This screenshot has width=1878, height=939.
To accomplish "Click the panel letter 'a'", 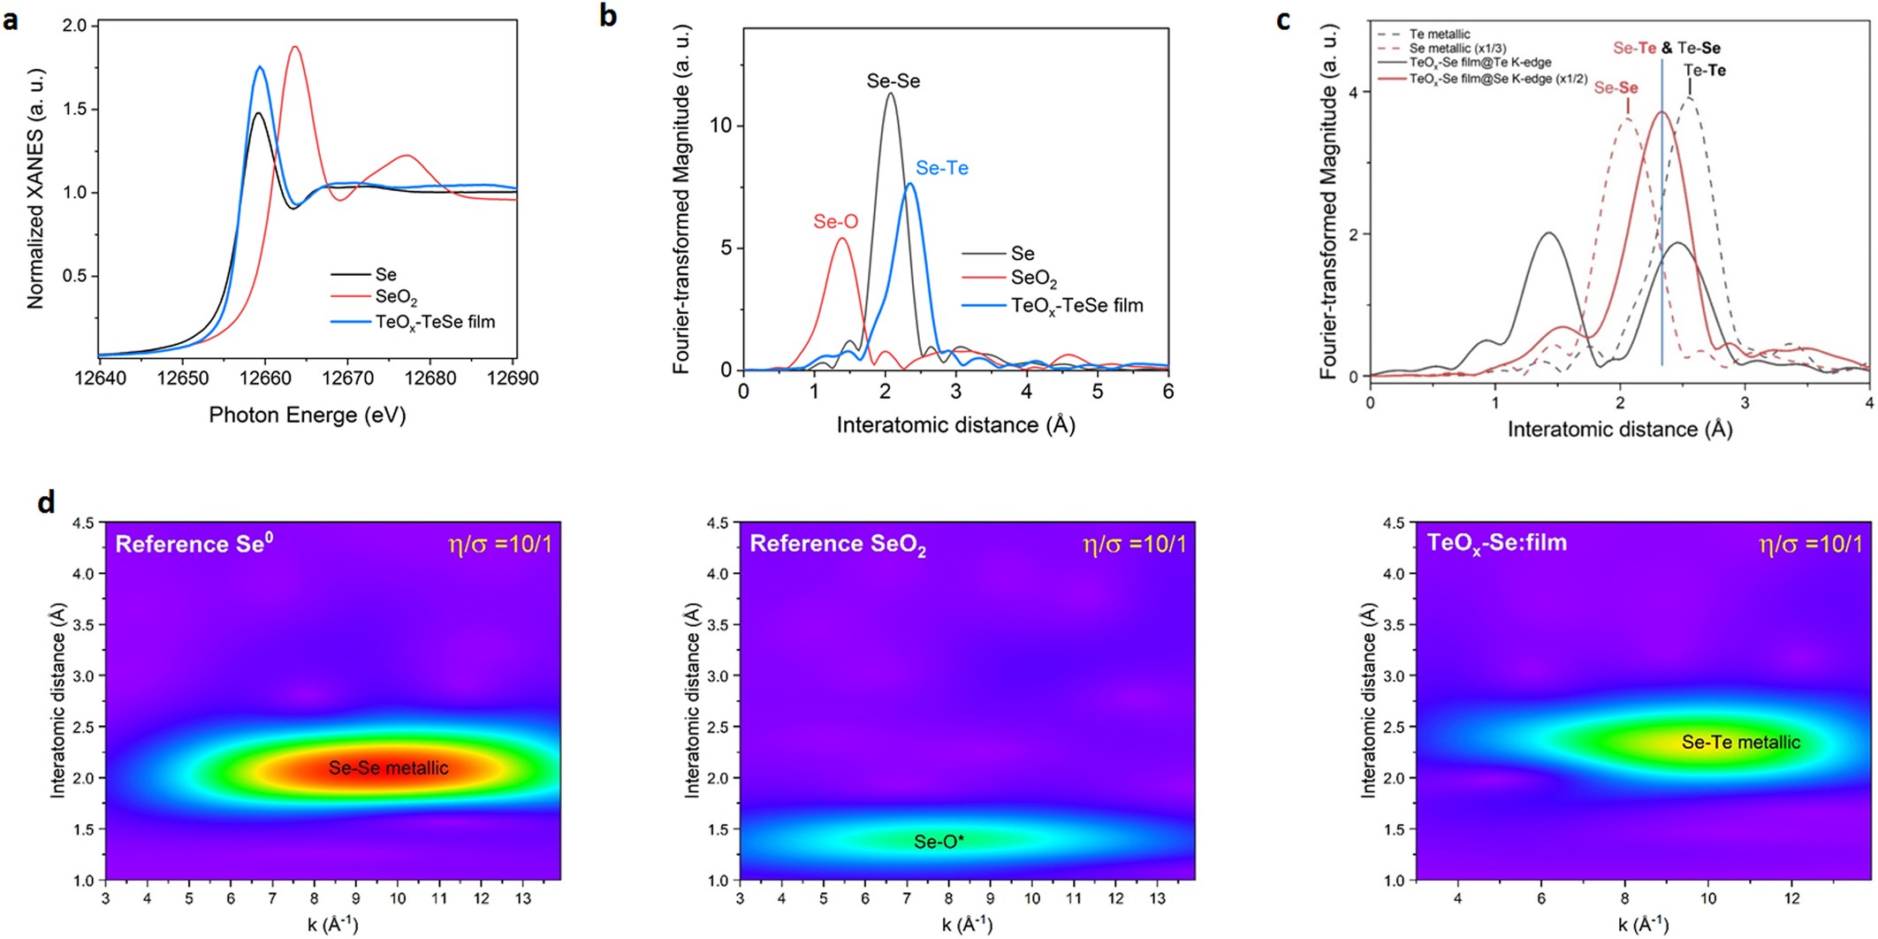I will click(11, 19).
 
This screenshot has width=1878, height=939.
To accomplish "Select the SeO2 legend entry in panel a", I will click(395, 297).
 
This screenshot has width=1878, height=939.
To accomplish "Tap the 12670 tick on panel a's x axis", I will click(347, 378).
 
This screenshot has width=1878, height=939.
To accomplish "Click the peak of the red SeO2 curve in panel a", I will click(295, 47).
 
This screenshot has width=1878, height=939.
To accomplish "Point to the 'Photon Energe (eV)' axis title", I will click(307, 415).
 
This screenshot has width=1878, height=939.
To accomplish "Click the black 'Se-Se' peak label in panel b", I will click(893, 81).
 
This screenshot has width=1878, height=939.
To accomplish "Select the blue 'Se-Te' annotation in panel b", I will click(941, 168).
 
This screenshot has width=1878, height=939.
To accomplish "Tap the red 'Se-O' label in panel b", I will click(835, 222).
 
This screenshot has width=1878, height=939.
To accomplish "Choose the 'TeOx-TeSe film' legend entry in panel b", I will click(1076, 306).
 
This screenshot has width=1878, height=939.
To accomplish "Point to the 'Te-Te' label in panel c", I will click(1704, 71).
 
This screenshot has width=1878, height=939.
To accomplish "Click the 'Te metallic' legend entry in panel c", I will click(1439, 34).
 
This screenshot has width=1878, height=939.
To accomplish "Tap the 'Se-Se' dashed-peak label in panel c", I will click(1616, 88).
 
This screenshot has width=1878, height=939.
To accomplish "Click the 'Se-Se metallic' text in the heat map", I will click(388, 768).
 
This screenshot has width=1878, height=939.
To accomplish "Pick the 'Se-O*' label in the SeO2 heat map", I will click(939, 842).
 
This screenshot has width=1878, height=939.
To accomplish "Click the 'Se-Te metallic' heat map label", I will click(1740, 743).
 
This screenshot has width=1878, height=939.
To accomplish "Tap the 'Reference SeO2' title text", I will click(837, 544).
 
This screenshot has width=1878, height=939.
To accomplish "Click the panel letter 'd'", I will click(46, 502).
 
